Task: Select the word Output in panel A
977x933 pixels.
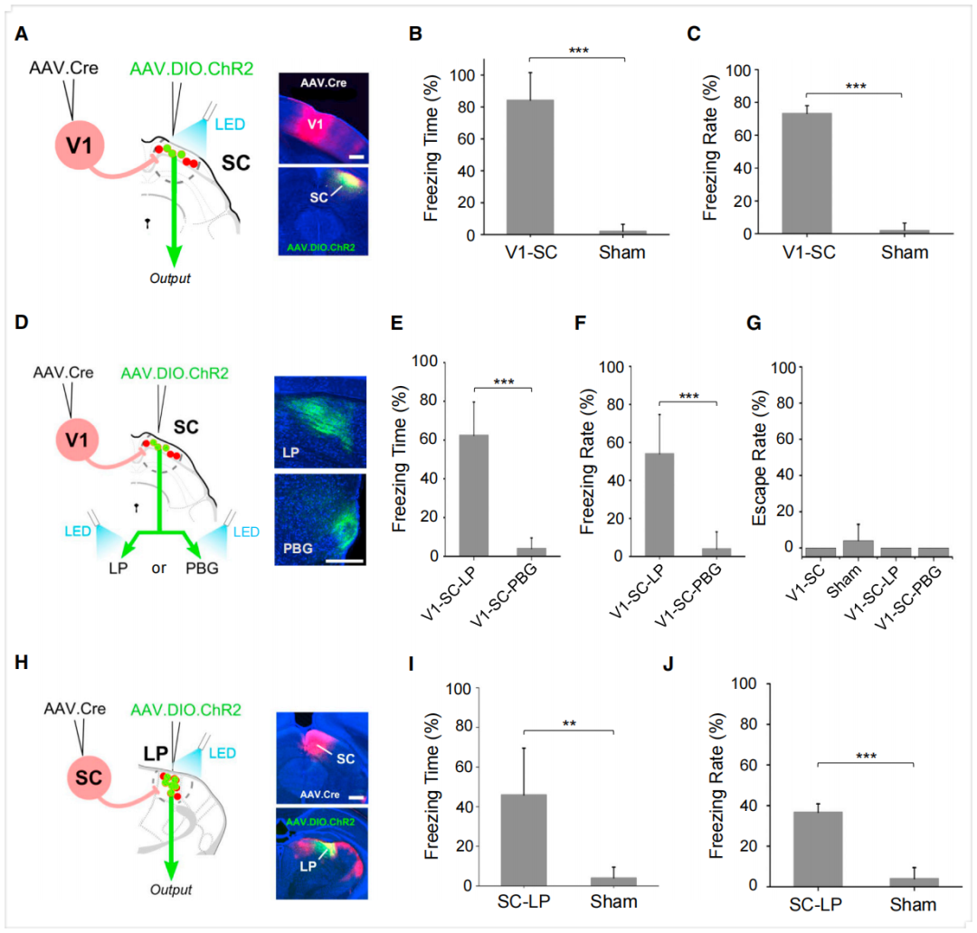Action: [170, 278]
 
